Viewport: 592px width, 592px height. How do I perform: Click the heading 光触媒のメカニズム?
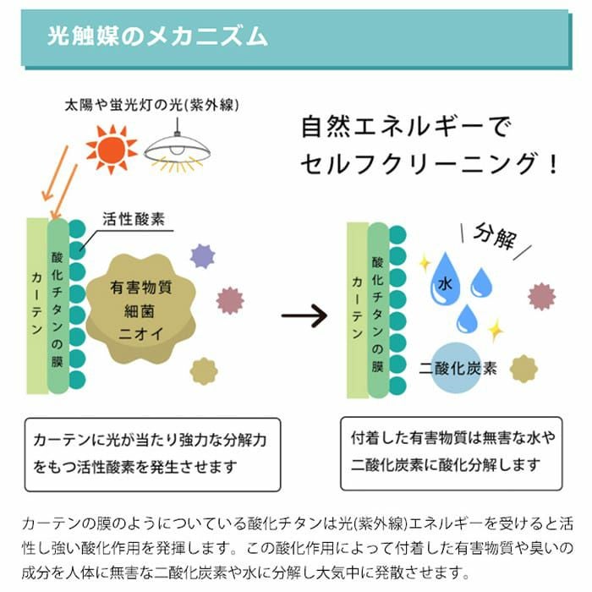[158, 36]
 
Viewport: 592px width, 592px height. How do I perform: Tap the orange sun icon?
[111, 148]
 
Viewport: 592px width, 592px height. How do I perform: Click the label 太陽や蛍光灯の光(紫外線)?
[153, 107]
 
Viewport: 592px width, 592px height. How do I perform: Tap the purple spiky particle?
[202, 255]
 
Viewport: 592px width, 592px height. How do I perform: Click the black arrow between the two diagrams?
[304, 315]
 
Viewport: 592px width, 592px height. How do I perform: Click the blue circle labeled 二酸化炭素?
[458, 370]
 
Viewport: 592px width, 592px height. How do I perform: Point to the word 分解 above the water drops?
[495, 238]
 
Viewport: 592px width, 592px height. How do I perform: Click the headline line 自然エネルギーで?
[406, 129]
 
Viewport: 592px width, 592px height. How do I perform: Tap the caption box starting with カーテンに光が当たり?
[152, 453]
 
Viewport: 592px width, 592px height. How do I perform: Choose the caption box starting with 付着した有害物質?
[451, 452]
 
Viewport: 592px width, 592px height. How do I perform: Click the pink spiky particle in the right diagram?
[541, 296]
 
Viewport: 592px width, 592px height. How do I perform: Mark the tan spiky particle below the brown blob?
[203, 370]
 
